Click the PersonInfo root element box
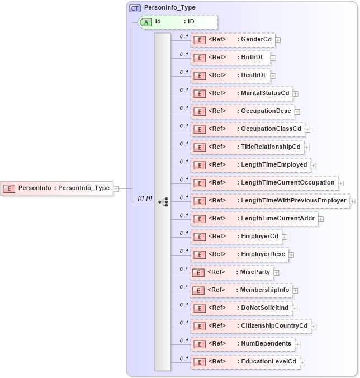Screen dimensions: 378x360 56,188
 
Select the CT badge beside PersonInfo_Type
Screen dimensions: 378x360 135,8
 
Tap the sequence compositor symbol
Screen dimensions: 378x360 163,201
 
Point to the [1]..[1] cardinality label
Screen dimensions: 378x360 145,199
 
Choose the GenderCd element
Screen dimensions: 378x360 232,40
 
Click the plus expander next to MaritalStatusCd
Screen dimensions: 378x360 296,94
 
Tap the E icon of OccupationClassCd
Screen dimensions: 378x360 199,129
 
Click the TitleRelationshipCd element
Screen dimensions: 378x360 247,147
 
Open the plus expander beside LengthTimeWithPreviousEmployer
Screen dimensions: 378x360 353,201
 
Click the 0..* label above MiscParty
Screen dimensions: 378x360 183,268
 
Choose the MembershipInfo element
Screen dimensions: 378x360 241,290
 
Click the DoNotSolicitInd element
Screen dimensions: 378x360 240,308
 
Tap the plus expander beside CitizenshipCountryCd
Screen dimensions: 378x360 314,327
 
